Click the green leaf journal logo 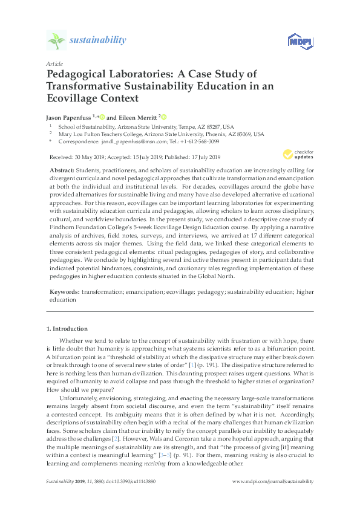pyautogui.click(x=56, y=41)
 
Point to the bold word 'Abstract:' pyautogui.click(x=62, y=171)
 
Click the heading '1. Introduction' pyautogui.click(x=67, y=329)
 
